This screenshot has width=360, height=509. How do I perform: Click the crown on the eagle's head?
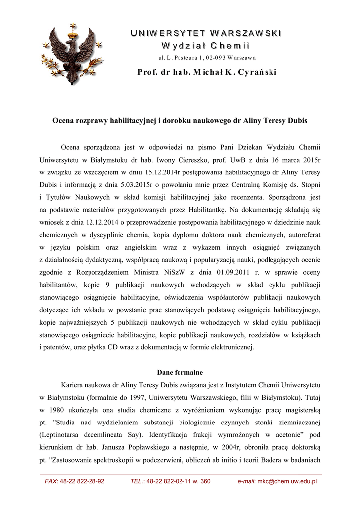tap(74, 34)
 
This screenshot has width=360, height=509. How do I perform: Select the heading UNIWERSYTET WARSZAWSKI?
tap(206, 33)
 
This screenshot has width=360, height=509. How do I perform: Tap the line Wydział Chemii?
tap(206, 46)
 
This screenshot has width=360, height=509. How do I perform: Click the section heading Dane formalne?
tap(180, 371)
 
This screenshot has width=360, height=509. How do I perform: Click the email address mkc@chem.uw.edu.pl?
tap(287, 481)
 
